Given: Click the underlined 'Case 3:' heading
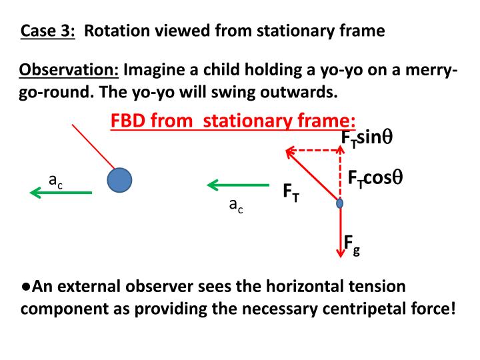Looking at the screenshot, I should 48,31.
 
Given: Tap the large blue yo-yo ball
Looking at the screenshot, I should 119,180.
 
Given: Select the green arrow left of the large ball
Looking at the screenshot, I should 61,193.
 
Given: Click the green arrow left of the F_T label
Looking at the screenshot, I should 238,185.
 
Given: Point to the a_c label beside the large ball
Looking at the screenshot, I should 56,179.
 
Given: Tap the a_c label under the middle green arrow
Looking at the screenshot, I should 236,207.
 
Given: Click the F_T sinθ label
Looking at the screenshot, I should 366,138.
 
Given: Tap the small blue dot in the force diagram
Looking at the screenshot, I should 339,203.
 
